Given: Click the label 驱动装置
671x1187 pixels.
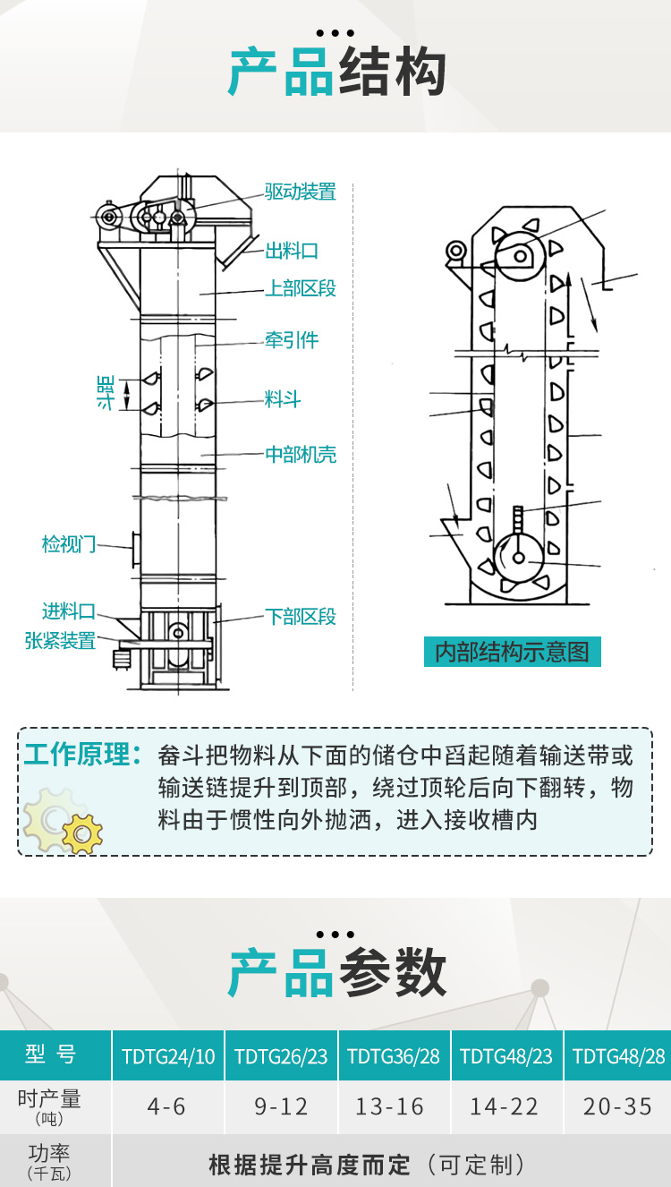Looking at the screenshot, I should [x=301, y=192].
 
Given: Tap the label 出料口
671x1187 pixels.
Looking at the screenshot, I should [x=292, y=251].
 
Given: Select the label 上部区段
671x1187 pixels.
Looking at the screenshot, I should [x=301, y=288].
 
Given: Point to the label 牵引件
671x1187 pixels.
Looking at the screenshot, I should [x=292, y=340].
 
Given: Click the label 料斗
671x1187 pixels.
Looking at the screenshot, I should [x=283, y=399].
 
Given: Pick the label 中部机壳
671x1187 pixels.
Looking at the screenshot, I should [x=301, y=455].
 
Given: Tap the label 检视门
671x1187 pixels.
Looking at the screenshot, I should [x=69, y=543].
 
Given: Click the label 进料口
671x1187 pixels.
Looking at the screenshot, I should [x=69, y=611].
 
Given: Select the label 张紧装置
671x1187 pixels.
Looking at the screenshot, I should [x=60, y=641].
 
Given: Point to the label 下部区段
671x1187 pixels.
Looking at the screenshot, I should [x=301, y=617].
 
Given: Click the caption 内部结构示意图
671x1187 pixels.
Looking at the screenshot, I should [x=512, y=652].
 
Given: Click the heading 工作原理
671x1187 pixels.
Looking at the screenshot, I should [x=82, y=755].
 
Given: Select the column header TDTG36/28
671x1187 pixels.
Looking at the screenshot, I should [x=394, y=1056].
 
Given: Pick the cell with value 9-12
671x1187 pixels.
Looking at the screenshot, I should [x=281, y=1107].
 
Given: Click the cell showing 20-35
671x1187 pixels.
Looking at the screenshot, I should [x=617, y=1107].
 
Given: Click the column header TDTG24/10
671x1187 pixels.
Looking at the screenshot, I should [x=168, y=1056].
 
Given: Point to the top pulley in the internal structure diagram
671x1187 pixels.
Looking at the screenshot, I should [x=521, y=254].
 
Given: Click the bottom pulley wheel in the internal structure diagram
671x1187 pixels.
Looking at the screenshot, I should [x=519, y=557].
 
